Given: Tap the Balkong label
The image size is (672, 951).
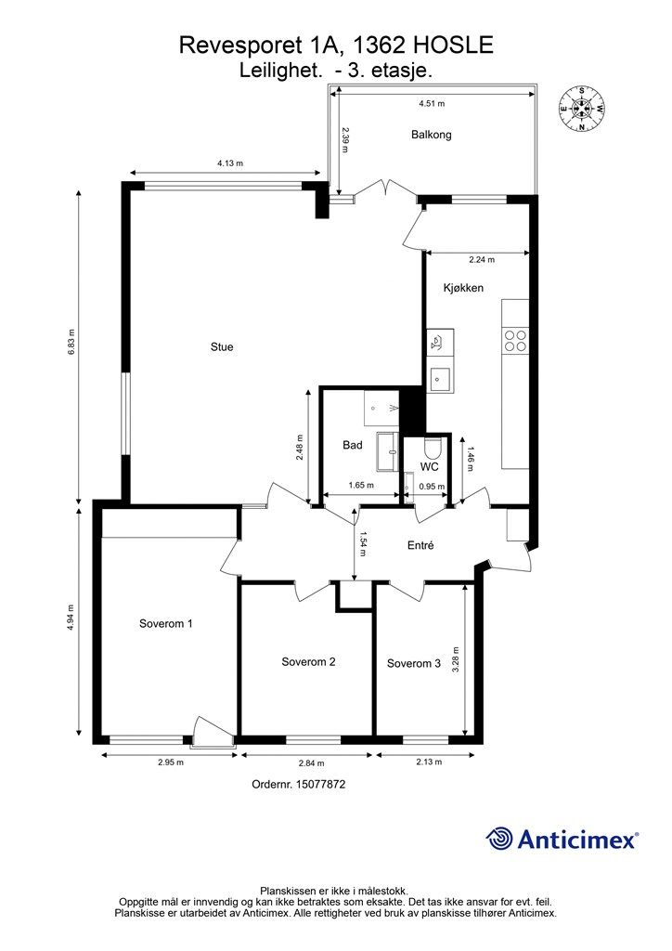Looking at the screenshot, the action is tap(432, 135).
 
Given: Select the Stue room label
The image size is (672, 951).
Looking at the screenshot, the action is tap(222, 347).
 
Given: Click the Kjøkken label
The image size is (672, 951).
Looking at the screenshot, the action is tap(463, 288).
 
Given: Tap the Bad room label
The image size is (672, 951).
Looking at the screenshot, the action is tap(353, 445).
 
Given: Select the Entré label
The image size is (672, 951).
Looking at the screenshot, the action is tap(420, 545).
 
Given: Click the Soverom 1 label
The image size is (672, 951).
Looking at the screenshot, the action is tap(166, 623).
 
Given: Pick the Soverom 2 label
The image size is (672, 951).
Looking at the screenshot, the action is tap(308, 661).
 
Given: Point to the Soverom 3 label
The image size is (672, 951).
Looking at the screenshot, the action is tap(414, 663).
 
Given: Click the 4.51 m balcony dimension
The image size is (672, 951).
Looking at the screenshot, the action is tap(432, 103).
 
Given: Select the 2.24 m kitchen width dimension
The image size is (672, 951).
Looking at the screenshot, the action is tap(482, 260).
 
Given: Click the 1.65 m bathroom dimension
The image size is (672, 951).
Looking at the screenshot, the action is tap(361, 485).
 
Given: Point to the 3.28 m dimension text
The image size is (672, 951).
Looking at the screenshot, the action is tap(456, 658).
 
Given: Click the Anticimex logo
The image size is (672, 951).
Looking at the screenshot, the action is tap(562, 839).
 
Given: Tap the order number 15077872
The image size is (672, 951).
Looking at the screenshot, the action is tap(320, 784).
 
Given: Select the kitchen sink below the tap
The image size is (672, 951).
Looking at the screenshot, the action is tap(439, 380).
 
